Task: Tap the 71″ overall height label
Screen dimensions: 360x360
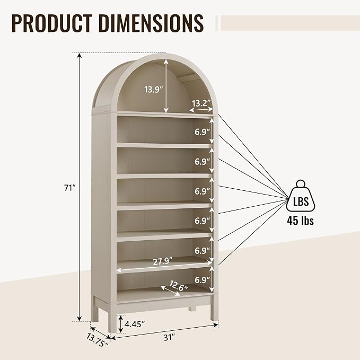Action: (x=70, y=188)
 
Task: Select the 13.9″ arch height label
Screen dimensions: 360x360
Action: (x=154, y=89)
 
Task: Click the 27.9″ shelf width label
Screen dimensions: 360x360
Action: (x=163, y=261)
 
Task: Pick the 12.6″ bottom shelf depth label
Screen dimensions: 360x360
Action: (x=178, y=286)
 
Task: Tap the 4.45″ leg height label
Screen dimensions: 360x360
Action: (x=135, y=324)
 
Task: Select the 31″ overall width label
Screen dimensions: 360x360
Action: (x=170, y=337)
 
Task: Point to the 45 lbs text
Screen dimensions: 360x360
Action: (x=300, y=221)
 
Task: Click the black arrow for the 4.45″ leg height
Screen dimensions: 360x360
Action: (x=120, y=324)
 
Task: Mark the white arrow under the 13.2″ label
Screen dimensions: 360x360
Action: (x=201, y=110)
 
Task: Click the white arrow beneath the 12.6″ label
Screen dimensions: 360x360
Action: (x=170, y=291)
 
